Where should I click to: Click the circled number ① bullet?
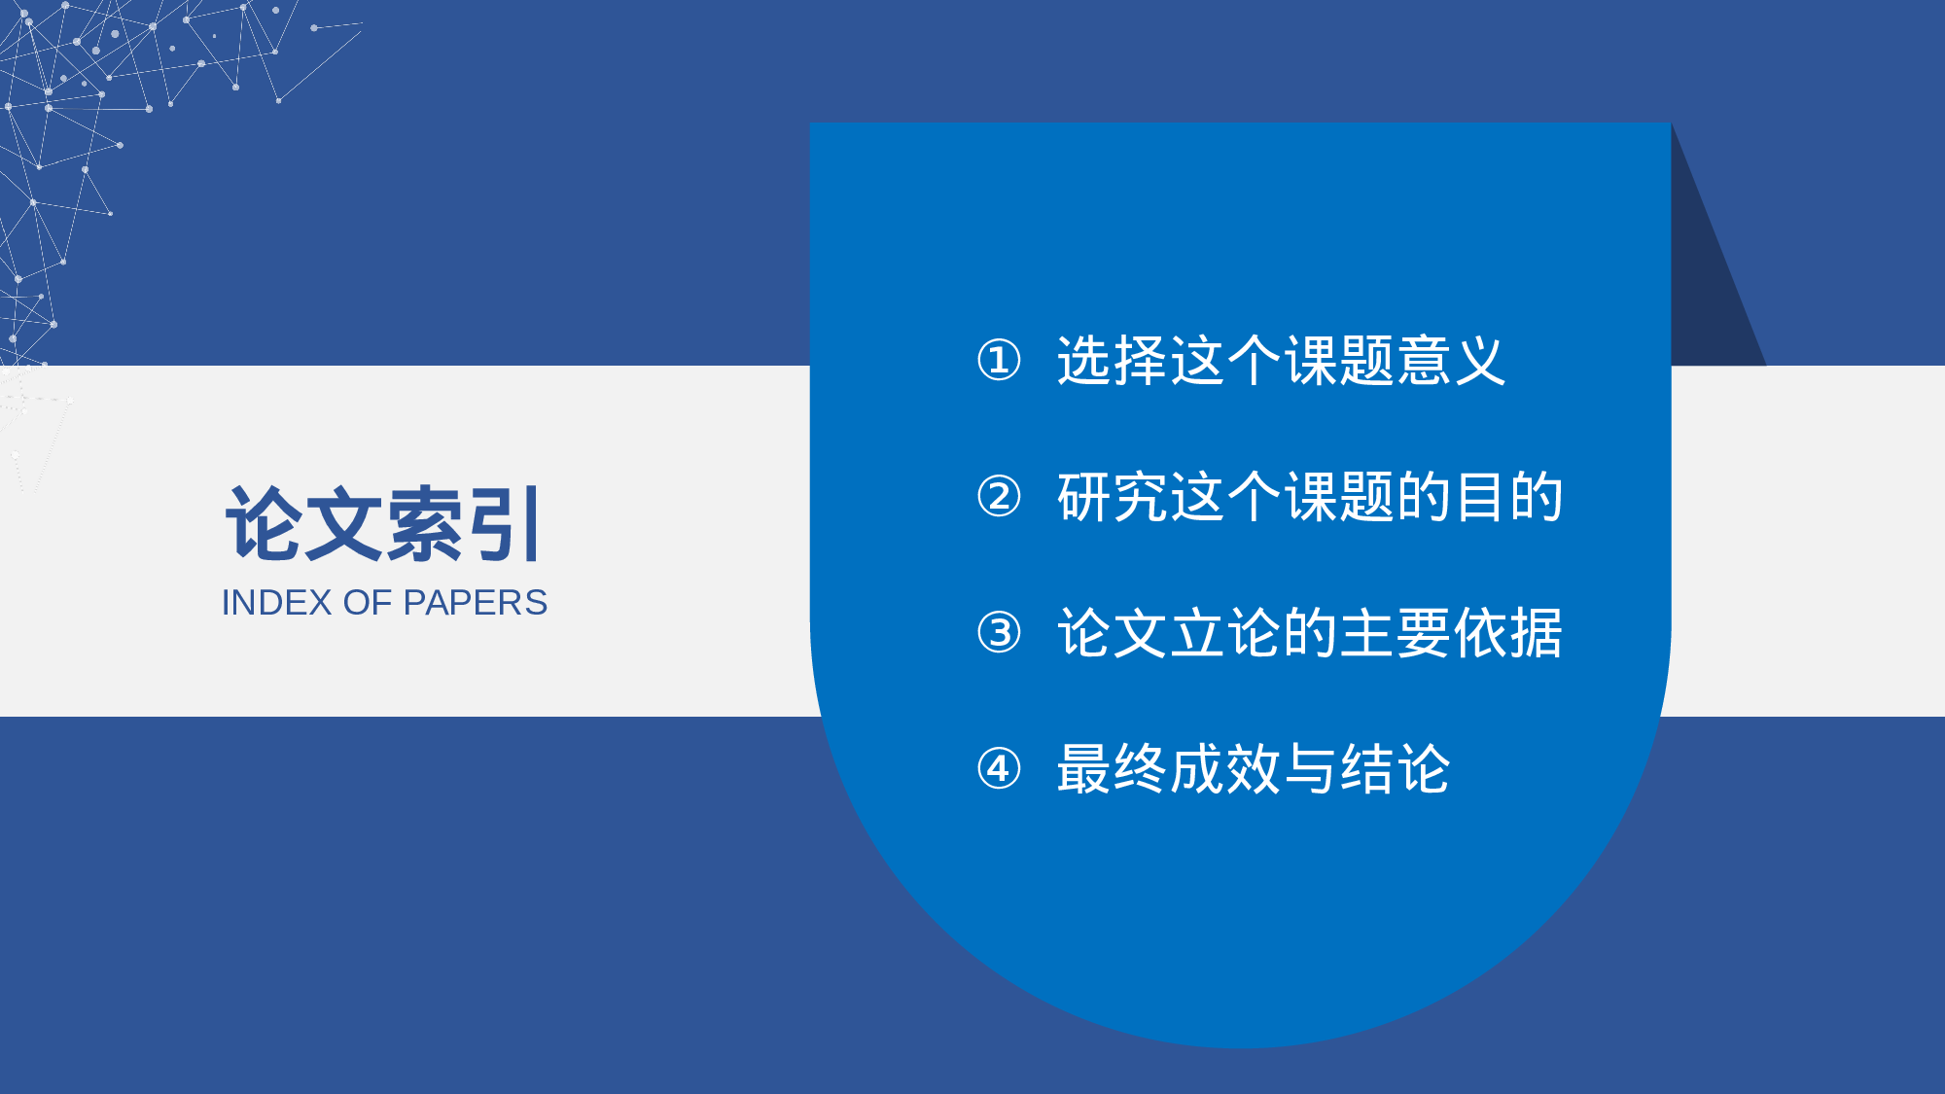click(x=999, y=361)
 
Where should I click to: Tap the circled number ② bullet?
click(x=999, y=497)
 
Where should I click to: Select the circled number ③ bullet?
click(x=999, y=633)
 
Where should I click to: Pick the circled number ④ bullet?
click(x=999, y=769)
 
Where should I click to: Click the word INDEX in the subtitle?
click(x=276, y=603)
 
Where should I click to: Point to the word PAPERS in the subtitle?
click(x=475, y=603)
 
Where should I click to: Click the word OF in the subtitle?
click(x=367, y=603)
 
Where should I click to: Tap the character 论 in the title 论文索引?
click(x=263, y=524)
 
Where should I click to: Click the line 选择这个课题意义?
click(x=1281, y=361)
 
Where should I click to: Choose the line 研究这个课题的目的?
click(x=1309, y=497)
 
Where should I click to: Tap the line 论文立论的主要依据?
click(x=1309, y=633)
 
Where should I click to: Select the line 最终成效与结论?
click(x=1253, y=769)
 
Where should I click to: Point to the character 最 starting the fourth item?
click(x=1083, y=769)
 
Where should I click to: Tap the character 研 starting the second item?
click(x=1083, y=497)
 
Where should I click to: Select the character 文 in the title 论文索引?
click(x=343, y=524)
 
